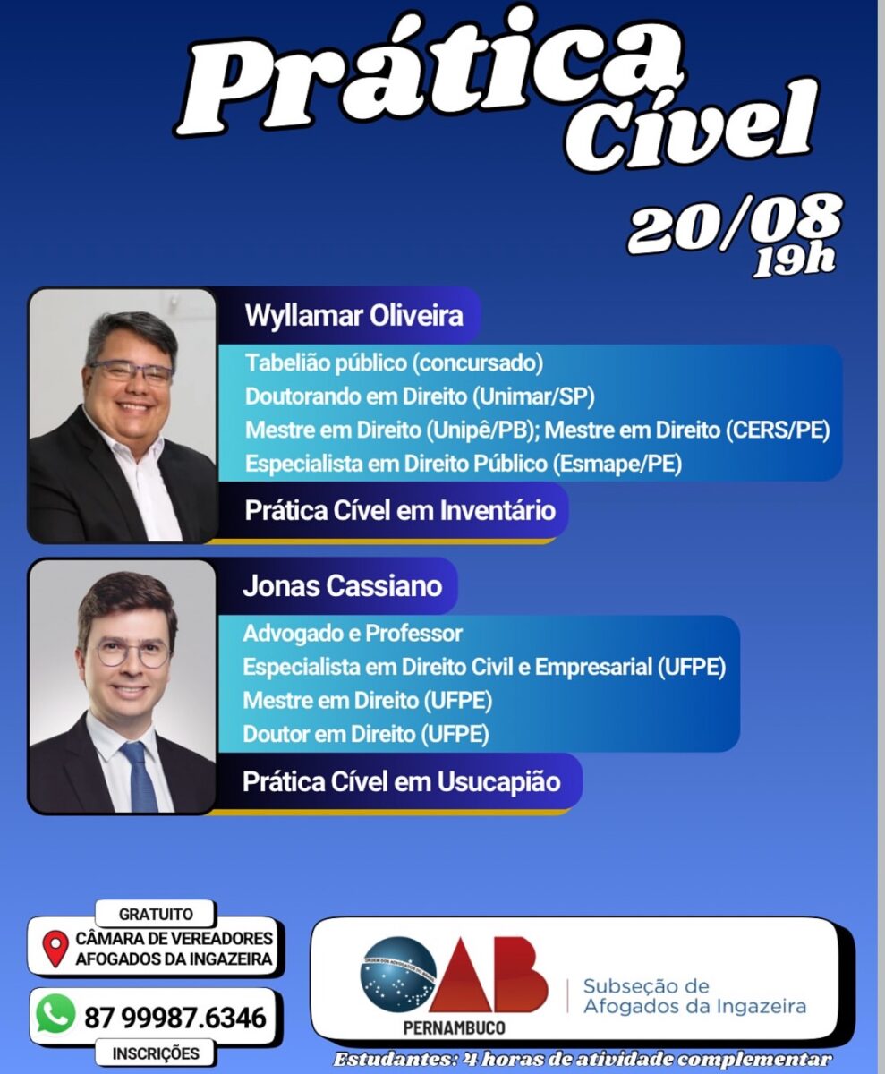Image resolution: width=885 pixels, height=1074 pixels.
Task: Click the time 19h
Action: point(795,261)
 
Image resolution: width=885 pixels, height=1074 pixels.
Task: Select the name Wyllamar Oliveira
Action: point(353,315)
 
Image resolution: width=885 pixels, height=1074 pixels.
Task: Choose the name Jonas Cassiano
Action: point(342,586)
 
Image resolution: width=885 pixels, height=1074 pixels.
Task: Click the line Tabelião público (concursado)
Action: point(394,363)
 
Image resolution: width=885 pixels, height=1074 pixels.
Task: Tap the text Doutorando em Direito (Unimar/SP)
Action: point(420,396)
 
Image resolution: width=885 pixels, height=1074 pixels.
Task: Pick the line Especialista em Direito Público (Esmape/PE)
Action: point(464,464)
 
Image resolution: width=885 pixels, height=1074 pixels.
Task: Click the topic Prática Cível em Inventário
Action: point(400,511)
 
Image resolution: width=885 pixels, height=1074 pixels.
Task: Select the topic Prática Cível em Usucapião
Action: point(401,782)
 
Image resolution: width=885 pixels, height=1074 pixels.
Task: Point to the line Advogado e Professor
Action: point(353,634)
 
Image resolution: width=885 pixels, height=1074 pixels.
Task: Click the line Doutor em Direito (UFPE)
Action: point(366,735)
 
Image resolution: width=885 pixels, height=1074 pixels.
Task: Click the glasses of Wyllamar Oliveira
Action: point(132,372)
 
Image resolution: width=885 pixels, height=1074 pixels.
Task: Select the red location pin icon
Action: point(55,948)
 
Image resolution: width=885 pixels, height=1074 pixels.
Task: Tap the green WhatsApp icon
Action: point(55,1013)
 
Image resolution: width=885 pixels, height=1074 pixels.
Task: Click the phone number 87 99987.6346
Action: point(175,1018)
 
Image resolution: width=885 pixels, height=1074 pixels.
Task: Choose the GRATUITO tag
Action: point(156,914)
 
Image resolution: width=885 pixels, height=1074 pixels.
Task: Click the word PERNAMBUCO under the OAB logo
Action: point(454,1039)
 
